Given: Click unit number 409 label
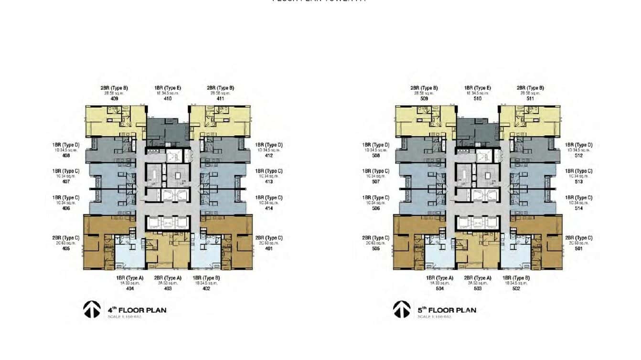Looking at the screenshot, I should pyautogui.click(x=114, y=99).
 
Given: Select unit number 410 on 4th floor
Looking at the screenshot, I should pyautogui.click(x=168, y=99).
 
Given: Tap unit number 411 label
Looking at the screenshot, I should pyautogui.click(x=220, y=99).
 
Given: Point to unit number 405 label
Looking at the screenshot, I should pyautogui.click(x=66, y=249).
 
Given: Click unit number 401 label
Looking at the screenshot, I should pyautogui.click(x=269, y=249).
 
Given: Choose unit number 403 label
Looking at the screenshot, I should pyautogui.click(x=168, y=288).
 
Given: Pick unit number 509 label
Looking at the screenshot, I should pyautogui.click(x=424, y=99).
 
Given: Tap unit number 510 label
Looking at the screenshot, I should pyautogui.click(x=478, y=99).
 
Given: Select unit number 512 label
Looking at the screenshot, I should pyautogui.click(x=579, y=156).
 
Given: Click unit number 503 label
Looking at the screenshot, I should pyautogui.click(x=478, y=288).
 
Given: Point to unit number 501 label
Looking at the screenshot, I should pyautogui.click(x=579, y=249).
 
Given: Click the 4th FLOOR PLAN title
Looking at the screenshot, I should pyautogui.click(x=137, y=310).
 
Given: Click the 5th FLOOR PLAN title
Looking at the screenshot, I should pyautogui.click(x=447, y=310).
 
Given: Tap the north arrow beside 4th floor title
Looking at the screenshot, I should pyautogui.click(x=92, y=309).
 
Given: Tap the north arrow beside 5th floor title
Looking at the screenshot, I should pyautogui.click(x=402, y=309).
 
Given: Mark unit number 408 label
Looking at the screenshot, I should pyautogui.click(x=66, y=156).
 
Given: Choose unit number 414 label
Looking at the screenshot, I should pyautogui.click(x=269, y=208).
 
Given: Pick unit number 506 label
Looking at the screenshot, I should pyautogui.click(x=376, y=208).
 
